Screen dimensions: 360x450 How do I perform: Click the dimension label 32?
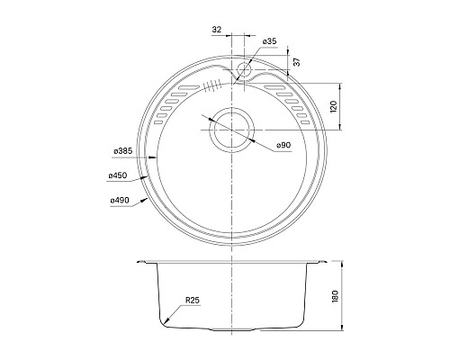click(216, 30)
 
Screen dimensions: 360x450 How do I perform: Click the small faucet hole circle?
click(244, 69)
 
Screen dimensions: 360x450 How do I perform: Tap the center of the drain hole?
click(232, 129)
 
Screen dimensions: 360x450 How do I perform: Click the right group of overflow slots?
click(298, 105)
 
